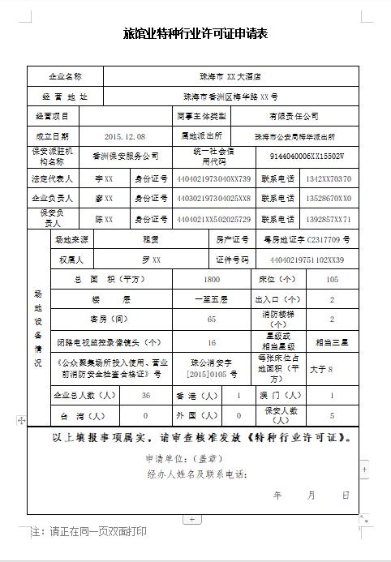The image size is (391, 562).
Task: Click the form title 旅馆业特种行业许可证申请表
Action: [195, 34]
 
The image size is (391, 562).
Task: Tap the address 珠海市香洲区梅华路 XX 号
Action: [231, 97]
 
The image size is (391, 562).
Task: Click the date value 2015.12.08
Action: [125, 135]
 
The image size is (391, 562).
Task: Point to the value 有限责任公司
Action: [294, 116]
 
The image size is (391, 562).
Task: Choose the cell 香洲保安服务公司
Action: [126, 155]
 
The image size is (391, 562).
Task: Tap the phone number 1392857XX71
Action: [329, 219]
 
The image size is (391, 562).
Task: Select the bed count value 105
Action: [331, 279]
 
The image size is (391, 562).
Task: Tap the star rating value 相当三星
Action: [331, 343]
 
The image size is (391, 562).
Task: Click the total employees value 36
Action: [146, 396]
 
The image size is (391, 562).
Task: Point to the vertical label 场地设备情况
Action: [37, 328]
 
